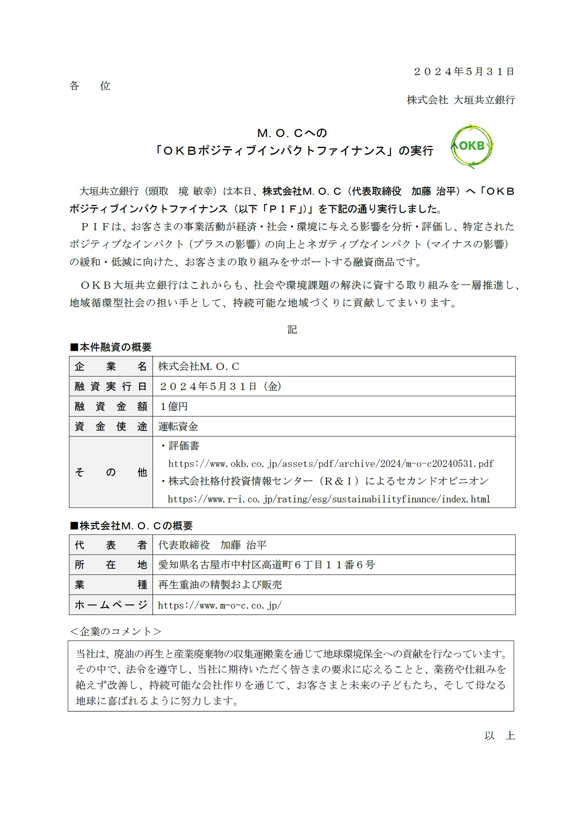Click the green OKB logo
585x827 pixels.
(x=471, y=146)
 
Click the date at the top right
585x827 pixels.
(x=463, y=71)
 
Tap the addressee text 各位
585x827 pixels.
(x=90, y=86)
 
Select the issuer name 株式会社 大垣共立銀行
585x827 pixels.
(x=460, y=100)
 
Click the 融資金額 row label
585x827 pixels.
(x=110, y=406)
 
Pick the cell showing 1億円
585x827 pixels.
(x=173, y=406)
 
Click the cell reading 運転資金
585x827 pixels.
(x=178, y=426)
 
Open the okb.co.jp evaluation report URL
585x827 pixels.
(x=330, y=463)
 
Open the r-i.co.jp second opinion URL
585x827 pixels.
(x=328, y=499)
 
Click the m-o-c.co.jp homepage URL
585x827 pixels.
(x=219, y=605)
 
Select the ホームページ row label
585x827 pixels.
(x=110, y=605)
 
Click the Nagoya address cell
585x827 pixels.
(x=266, y=565)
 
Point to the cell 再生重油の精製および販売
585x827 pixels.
(x=220, y=585)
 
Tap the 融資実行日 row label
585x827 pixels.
(x=110, y=386)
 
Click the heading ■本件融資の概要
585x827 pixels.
(x=110, y=347)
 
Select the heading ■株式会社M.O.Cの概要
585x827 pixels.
(x=131, y=525)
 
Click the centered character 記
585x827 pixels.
(x=292, y=329)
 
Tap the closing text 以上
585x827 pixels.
(x=499, y=735)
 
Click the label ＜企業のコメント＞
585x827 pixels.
(x=115, y=631)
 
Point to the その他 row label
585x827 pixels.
(x=110, y=472)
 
